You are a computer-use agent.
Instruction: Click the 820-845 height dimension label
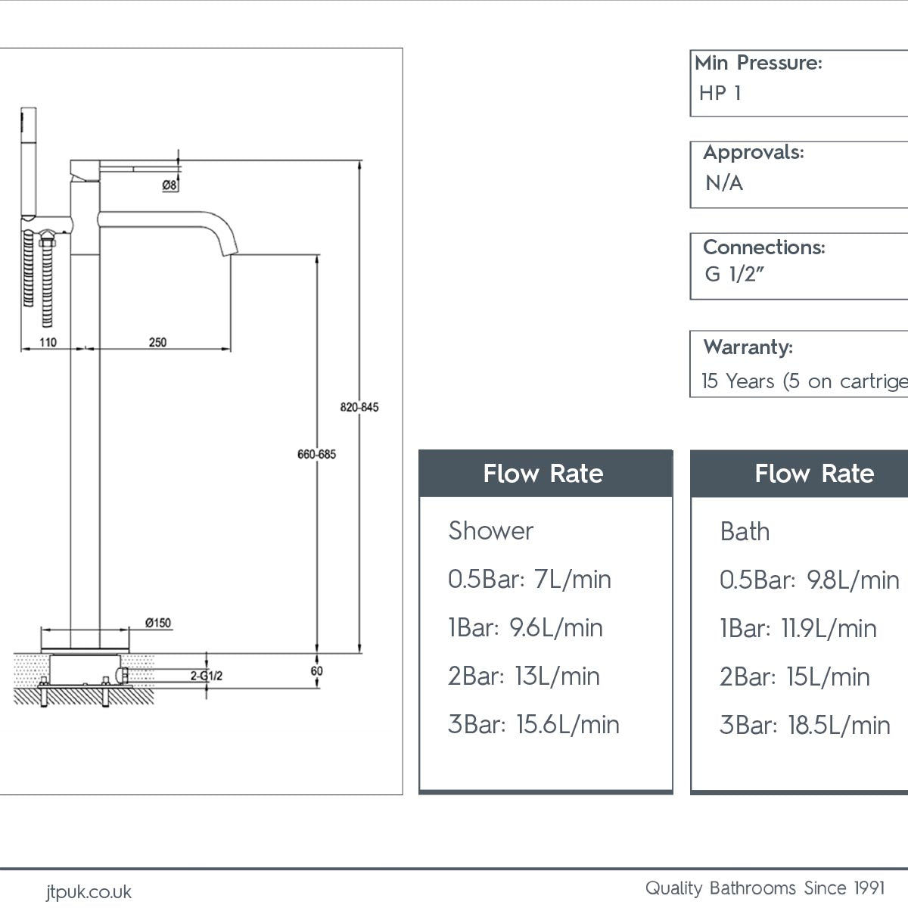(359, 407)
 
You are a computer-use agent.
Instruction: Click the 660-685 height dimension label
(316, 454)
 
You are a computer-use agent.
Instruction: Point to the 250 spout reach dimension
(157, 343)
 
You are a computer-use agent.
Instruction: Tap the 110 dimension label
(48, 343)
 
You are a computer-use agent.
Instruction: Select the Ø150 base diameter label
(158, 623)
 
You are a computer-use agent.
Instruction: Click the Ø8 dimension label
(169, 185)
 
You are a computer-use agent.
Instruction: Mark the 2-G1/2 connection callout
(206, 676)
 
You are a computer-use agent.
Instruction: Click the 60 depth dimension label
(316, 671)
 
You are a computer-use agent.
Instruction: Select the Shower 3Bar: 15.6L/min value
(533, 724)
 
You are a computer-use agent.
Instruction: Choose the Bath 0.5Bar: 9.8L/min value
(809, 580)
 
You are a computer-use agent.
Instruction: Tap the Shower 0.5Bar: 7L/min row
(529, 580)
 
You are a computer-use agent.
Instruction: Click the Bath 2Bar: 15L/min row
(794, 676)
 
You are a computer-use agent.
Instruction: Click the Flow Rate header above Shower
(543, 474)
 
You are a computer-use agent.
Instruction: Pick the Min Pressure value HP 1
(720, 93)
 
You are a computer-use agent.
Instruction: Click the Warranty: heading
(748, 347)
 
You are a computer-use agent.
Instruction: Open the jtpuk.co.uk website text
(89, 892)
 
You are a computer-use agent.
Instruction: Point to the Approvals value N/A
(724, 183)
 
